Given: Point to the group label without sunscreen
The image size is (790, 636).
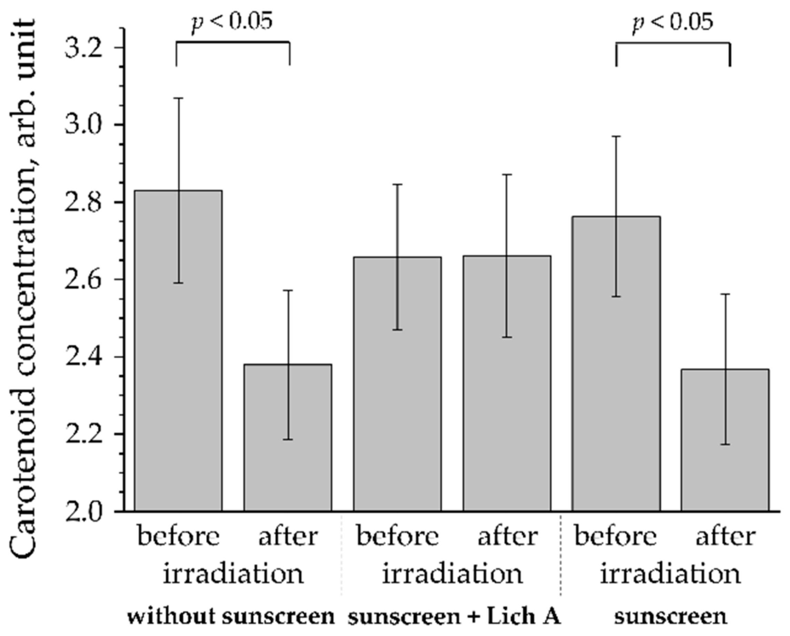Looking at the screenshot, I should coord(231,617).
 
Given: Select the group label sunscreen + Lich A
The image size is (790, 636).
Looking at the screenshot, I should coord(454,617).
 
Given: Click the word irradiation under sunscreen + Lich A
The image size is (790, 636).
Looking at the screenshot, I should coord(452,574).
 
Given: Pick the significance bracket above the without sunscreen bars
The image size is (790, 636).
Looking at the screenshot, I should coord(233,42).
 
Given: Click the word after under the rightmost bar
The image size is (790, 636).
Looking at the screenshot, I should coord(726,537).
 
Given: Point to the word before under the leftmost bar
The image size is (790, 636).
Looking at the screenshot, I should coord(178,537).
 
